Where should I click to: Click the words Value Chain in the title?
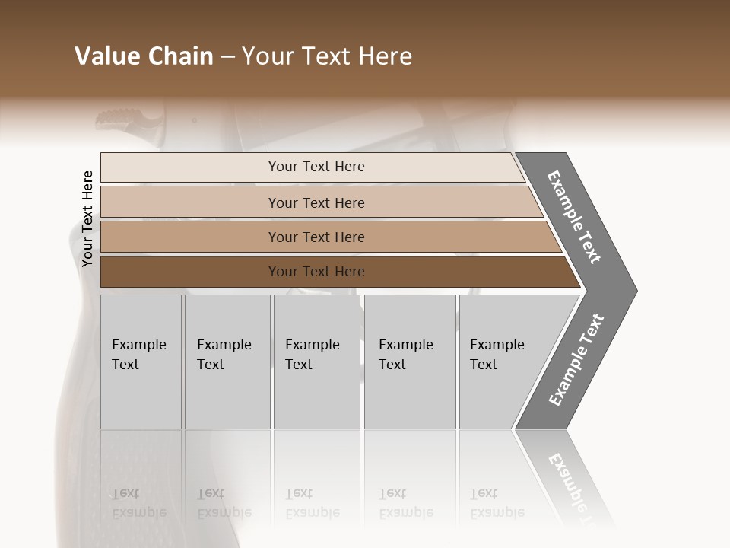point(144,56)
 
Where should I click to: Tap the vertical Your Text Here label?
point(87,218)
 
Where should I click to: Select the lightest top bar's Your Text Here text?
point(316,167)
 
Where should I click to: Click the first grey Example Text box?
point(141,362)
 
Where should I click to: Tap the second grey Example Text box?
point(227,362)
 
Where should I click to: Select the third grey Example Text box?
point(316,362)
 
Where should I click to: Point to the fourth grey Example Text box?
point(410,362)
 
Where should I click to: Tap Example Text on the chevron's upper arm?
point(574,217)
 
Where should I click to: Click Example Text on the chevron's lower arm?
point(576,360)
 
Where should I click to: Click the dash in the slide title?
point(227,56)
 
